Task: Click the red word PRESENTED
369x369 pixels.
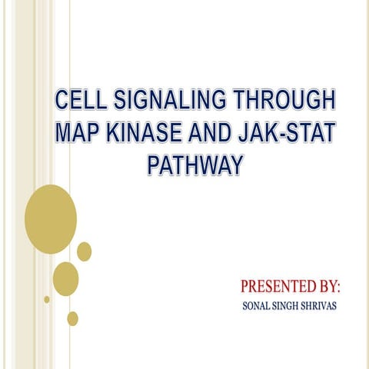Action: [x=277, y=288]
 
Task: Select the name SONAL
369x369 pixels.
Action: [x=258, y=306]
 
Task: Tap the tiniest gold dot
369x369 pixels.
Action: [x=47, y=299]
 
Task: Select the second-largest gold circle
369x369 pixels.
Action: [x=65, y=278]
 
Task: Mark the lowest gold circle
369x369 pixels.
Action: [x=72, y=317]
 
